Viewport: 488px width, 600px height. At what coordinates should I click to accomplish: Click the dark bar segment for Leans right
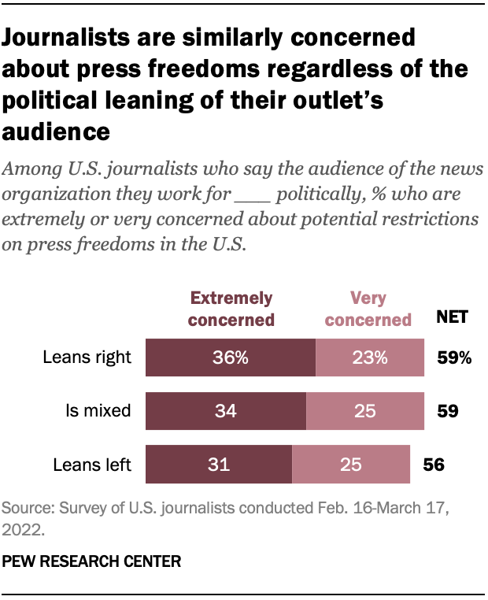click(x=231, y=358)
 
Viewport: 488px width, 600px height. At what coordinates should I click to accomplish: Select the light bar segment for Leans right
click(x=369, y=358)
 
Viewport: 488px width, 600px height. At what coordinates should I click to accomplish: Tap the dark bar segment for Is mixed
click(x=226, y=411)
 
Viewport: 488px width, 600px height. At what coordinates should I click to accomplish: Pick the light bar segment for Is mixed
click(x=364, y=411)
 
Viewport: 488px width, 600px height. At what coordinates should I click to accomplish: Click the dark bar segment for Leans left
click(x=219, y=465)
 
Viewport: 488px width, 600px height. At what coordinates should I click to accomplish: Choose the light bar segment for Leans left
click(x=350, y=465)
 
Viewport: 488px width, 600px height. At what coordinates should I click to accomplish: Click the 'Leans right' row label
click(x=87, y=358)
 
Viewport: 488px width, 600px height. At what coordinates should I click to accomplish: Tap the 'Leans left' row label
click(x=91, y=465)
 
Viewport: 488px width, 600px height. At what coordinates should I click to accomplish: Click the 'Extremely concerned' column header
click(x=232, y=309)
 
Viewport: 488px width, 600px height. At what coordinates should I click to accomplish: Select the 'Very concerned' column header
click(x=368, y=309)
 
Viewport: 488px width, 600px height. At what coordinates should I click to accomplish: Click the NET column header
click(x=453, y=318)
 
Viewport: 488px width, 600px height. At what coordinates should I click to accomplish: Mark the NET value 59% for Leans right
click(x=454, y=358)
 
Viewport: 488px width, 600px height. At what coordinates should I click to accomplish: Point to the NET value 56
click(x=434, y=465)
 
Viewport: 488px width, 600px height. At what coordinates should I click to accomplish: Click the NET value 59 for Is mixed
click(x=447, y=411)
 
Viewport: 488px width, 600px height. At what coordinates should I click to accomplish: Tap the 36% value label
click(x=231, y=358)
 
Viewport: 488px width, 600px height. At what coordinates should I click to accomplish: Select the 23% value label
click(x=369, y=358)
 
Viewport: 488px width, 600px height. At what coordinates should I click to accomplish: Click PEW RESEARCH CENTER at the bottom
click(x=91, y=561)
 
